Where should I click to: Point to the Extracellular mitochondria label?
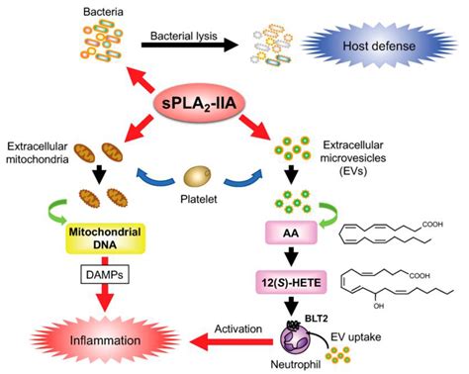[x=47, y=152]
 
